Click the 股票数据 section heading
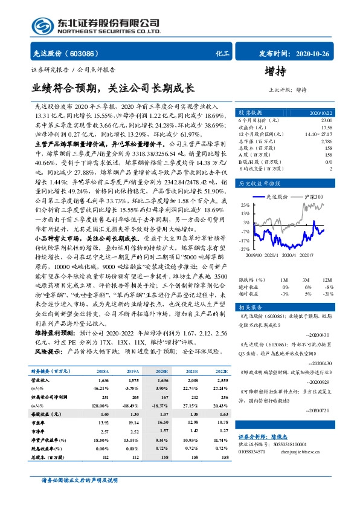[250, 112]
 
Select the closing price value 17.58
[326, 127]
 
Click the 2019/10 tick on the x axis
[253, 256]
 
